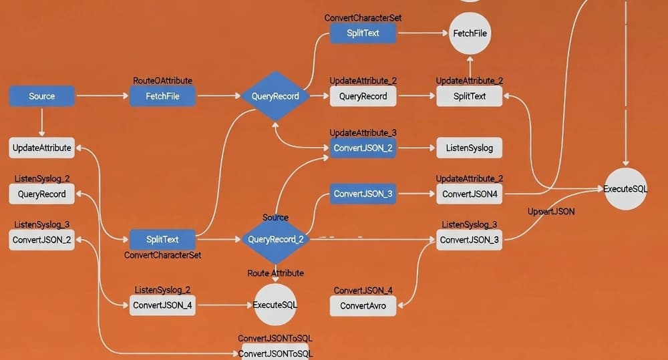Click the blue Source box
41,96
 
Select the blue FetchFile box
162,96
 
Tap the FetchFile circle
470,33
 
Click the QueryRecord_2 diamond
275,239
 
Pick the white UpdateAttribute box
41,148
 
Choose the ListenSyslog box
469,148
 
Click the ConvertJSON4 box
469,194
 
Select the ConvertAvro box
363,306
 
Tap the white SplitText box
470,96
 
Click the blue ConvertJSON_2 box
363,148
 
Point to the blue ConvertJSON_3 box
363,194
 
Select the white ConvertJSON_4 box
162,305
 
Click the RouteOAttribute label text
162,81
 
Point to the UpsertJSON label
551,212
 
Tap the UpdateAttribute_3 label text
363,133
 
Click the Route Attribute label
275,273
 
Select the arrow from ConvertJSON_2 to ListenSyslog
415,148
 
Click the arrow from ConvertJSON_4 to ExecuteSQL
224,305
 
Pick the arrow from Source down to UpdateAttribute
41,122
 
